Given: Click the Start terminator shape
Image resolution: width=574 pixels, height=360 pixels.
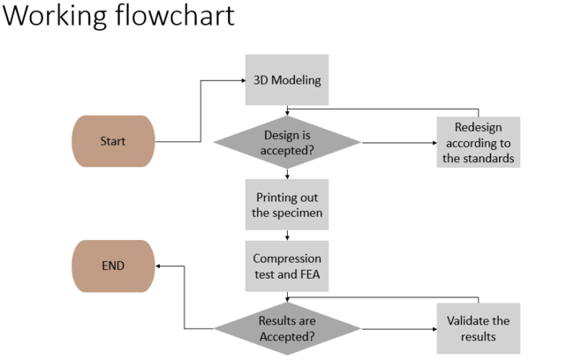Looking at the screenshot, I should pos(113,141).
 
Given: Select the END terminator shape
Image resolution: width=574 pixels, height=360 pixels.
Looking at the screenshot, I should pos(113,266).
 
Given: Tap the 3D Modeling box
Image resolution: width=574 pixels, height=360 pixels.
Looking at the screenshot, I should pos(286,80).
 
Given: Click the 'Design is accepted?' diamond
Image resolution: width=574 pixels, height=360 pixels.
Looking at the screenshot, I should pos(287,142).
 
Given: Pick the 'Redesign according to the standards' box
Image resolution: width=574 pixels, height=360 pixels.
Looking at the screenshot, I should pos(478,142).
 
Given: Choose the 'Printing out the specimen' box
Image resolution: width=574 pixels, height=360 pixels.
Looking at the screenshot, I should pos(286,204).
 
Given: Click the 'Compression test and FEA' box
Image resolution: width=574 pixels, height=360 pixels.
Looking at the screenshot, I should pos(286,266).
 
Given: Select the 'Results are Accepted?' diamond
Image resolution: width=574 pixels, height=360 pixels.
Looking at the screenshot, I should pos(287,328).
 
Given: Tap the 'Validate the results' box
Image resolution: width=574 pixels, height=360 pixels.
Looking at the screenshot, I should pos(478,328).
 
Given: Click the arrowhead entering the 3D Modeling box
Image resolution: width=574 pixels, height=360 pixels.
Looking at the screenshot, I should pos(241,81).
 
